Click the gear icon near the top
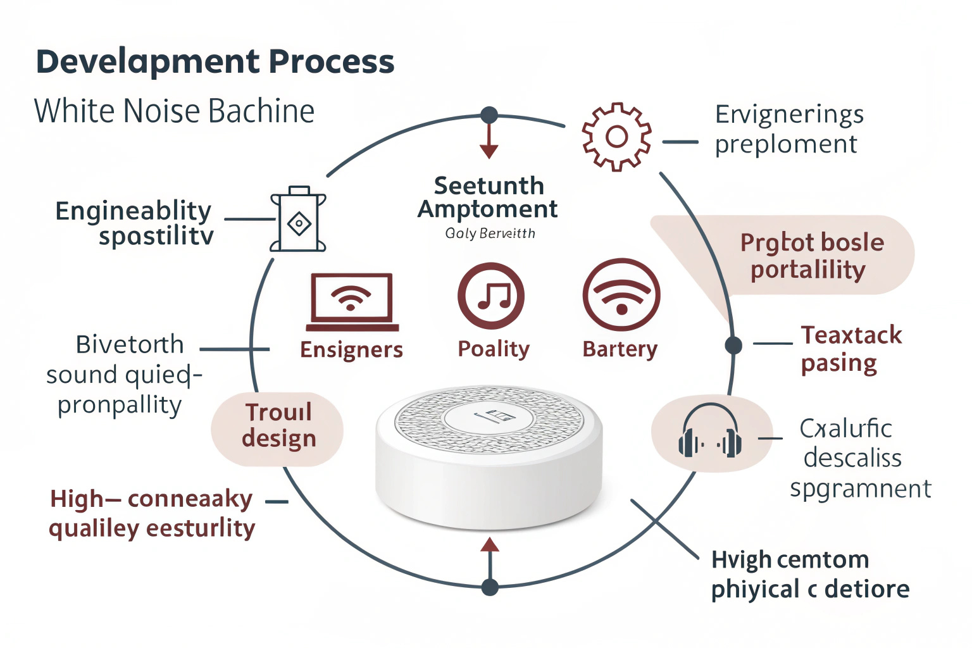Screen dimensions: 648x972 click(x=616, y=137)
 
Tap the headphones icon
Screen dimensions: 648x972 click(x=710, y=432)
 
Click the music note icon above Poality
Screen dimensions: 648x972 click(x=491, y=296)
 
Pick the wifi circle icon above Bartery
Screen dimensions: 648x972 click(x=621, y=296)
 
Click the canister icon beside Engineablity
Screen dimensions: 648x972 click(x=299, y=220)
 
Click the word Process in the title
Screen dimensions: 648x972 click(x=332, y=62)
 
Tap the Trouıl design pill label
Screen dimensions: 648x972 click(x=278, y=425)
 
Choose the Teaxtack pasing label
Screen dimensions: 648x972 click(x=850, y=349)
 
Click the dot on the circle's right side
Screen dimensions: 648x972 click(x=733, y=345)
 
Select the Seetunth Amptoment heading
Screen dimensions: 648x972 click(x=488, y=197)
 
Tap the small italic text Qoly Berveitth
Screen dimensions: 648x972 click(x=490, y=234)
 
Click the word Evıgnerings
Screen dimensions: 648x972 click(x=789, y=115)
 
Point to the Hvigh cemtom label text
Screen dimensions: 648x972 click(x=790, y=560)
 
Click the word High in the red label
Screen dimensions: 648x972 click(x=77, y=499)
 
